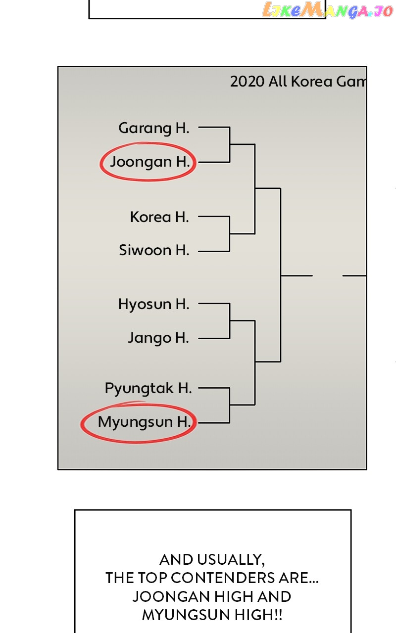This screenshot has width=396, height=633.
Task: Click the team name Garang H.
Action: pyautogui.click(x=154, y=129)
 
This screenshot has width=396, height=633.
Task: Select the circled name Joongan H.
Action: pyautogui.click(x=150, y=162)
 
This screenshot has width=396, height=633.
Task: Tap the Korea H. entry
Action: pyautogui.click(x=159, y=217)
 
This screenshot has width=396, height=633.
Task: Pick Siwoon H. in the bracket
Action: pyautogui.click(x=154, y=250)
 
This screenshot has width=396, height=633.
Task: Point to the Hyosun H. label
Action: pyautogui.click(x=153, y=304)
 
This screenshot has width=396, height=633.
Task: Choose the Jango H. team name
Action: pyautogui.click(x=158, y=338)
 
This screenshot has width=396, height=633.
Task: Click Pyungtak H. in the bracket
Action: pyautogui.click(x=148, y=388)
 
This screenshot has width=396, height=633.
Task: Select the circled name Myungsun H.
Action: pyautogui.click(x=144, y=422)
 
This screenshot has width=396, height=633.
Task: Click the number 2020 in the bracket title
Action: pyautogui.click(x=247, y=82)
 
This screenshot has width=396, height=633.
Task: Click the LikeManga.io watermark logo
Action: pyautogui.click(x=327, y=10)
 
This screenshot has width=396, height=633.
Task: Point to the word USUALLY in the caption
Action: pyautogui.click(x=230, y=560)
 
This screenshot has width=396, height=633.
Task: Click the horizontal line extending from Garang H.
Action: pyautogui.click(x=214, y=128)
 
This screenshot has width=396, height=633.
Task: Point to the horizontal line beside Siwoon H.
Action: pyautogui.click(x=214, y=251)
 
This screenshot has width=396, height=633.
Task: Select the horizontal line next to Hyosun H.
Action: pyautogui.click(x=214, y=304)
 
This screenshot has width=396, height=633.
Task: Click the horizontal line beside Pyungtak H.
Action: pyautogui.click(x=214, y=388)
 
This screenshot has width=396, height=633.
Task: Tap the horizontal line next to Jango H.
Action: pyautogui.click(x=214, y=338)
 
